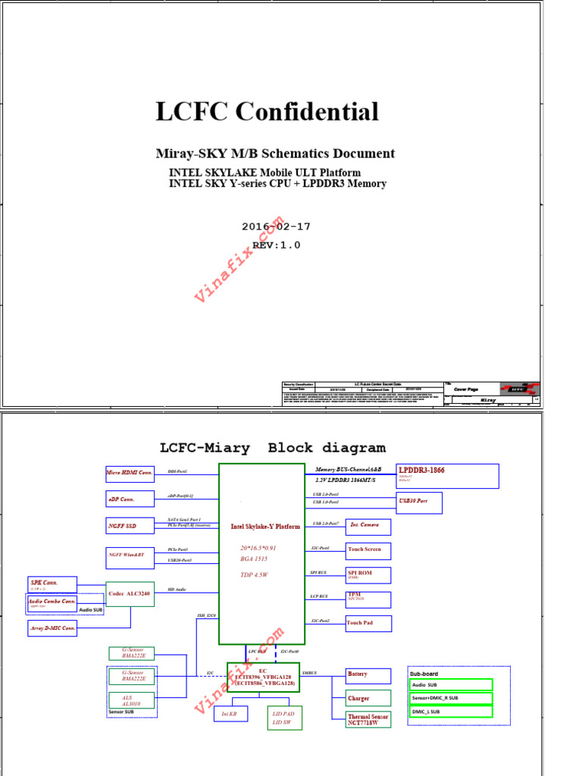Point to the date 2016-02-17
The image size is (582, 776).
click(x=276, y=227)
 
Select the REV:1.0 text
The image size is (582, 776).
click(x=276, y=245)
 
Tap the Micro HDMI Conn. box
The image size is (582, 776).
click(x=130, y=473)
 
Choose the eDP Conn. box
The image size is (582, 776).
click(x=130, y=499)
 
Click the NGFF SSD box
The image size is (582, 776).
click(x=130, y=525)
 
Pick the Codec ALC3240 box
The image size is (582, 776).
click(x=130, y=593)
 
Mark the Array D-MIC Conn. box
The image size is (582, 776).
click(x=52, y=628)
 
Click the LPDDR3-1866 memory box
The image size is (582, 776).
click(x=448, y=476)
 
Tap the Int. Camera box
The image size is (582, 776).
click(x=368, y=527)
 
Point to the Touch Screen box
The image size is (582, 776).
click(x=368, y=551)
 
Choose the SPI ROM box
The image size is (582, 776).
click(x=368, y=575)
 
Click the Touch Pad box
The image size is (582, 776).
click(x=368, y=624)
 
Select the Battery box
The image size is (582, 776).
click(x=368, y=675)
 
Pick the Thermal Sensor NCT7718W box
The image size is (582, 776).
click(x=368, y=719)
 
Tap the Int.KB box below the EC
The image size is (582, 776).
click(x=230, y=714)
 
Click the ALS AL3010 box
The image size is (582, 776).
click(x=132, y=700)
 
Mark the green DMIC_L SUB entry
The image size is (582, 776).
click(x=451, y=712)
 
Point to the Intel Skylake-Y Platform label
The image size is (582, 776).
click(x=265, y=526)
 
